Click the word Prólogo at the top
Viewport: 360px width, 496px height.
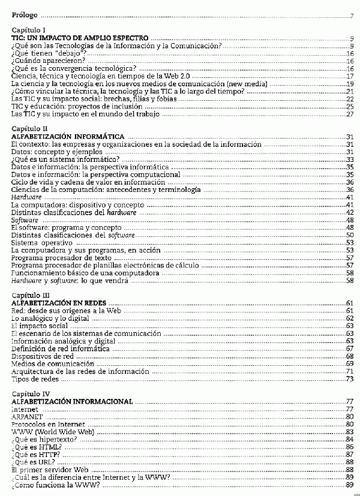(24, 14)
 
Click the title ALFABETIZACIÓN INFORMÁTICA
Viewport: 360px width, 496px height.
(68, 137)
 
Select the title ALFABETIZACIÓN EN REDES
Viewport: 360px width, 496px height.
(59, 304)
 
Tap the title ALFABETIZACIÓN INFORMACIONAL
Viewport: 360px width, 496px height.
(72, 401)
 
